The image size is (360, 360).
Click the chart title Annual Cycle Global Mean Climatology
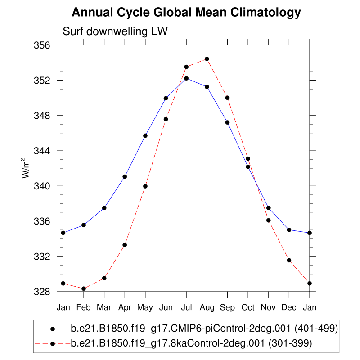[186, 13]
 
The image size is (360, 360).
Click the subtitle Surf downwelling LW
[115, 31]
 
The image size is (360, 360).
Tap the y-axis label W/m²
[27, 168]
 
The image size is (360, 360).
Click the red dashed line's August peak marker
[207, 59]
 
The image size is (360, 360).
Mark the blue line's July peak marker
[186, 78]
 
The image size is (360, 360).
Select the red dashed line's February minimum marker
[84, 288]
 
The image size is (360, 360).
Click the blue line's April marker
[125, 176]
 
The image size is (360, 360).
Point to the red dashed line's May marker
[145, 186]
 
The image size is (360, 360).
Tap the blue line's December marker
[289, 230]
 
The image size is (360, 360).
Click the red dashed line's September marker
[227, 98]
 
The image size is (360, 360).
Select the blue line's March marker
[104, 208]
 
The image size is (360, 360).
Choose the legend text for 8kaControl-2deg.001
[191, 344]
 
